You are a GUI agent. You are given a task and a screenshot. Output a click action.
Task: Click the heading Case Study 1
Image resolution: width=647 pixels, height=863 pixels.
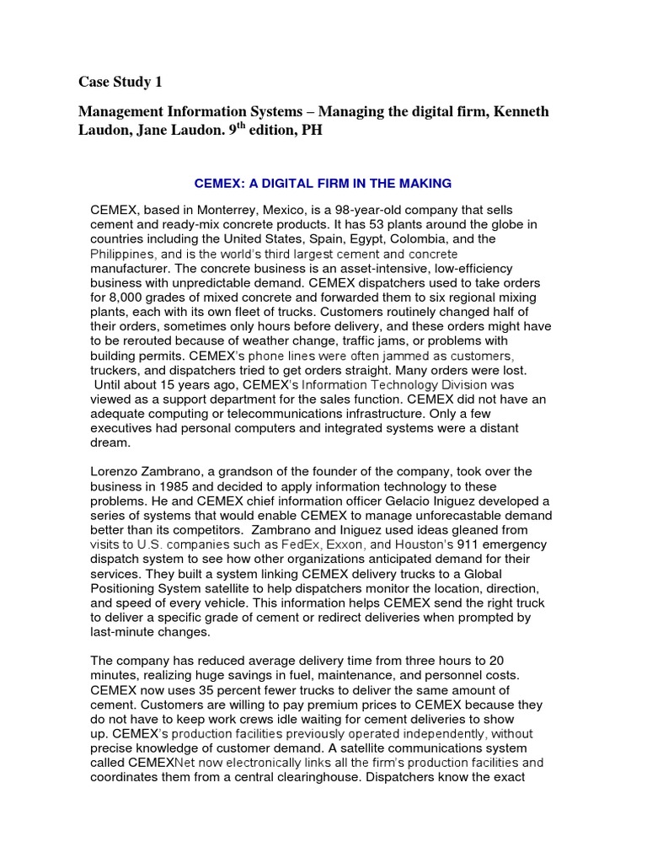(x=120, y=82)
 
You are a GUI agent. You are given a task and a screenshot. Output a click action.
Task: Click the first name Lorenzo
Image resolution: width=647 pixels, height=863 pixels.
(x=116, y=471)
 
